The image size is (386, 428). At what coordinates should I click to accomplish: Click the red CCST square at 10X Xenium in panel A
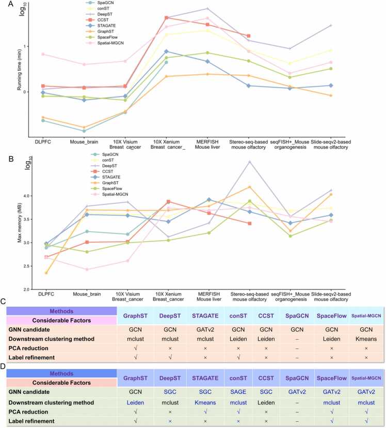166,18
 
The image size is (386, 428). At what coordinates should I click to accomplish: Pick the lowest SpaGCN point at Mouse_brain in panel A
84,131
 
